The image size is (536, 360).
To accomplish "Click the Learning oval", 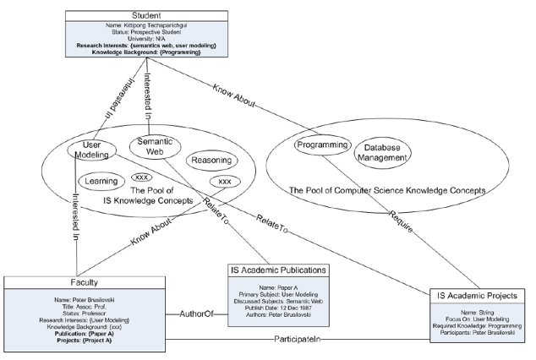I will click(96, 180).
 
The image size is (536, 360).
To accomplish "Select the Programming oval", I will click(322, 145).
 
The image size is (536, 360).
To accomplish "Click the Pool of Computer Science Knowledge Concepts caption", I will click(399, 192).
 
